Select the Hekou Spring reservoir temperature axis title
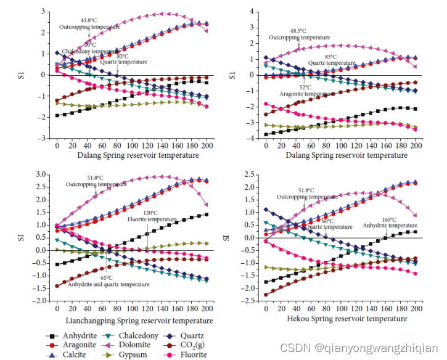[x=347, y=319]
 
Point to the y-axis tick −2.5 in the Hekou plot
[x=250, y=300]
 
